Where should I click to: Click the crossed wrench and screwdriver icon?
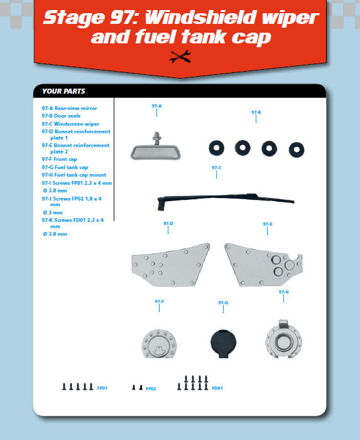pos(180,57)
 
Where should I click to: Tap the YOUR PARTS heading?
pos(63,91)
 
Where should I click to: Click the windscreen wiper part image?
pos(226,201)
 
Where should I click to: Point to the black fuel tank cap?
pos(223,343)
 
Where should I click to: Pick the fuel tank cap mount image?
pos(283,339)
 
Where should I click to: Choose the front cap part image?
pos(159,343)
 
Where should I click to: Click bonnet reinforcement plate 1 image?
pos(170,265)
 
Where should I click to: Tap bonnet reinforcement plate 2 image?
pos(263,265)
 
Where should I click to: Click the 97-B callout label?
pos(256,113)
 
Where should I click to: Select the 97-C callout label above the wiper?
pos(217,168)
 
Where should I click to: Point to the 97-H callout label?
pos(283,292)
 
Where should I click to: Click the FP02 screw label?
pos(151,388)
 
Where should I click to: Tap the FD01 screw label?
pos(217,388)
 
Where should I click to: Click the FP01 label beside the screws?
pos(102,388)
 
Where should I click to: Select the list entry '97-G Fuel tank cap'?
pos(65,167)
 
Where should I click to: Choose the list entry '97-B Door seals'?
pos(61,116)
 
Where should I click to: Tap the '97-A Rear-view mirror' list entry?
pos(69,108)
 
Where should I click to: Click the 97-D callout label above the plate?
pos(168,224)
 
